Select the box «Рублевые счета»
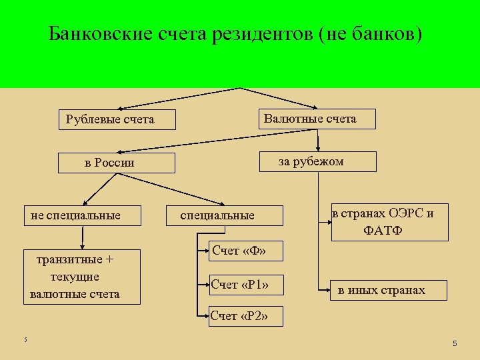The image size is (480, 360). pos(116,119)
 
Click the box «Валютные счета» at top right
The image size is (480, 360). pos(316,119)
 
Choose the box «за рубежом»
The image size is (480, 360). pos(317,162)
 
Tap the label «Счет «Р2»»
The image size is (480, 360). pos(239,315)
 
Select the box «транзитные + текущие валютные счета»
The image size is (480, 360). pos(81,277)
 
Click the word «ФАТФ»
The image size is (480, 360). pos(383,231)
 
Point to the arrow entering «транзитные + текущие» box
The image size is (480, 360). pos(83,243)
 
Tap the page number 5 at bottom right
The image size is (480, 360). pos(454,343)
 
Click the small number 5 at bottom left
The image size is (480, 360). pos(25,340)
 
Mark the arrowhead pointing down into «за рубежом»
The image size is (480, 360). pos(319,148)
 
